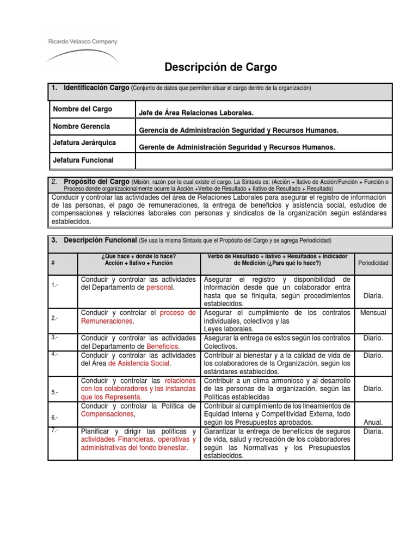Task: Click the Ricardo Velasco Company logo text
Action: click(x=82, y=41)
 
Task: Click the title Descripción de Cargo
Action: click(x=220, y=67)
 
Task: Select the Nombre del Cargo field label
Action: click(x=82, y=109)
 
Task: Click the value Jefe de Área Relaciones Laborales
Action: click(x=196, y=113)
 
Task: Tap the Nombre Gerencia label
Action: click(x=81, y=126)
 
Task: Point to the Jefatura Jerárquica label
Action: click(x=84, y=143)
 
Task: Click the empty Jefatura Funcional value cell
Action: click(x=263, y=160)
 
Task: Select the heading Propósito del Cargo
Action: click(x=96, y=181)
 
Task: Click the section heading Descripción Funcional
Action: click(x=100, y=240)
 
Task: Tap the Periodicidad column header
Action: click(x=373, y=263)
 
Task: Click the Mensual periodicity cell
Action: click(x=373, y=313)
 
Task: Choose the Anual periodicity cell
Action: click(x=373, y=422)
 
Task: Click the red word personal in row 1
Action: click(x=159, y=287)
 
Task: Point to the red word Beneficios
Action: click(x=163, y=346)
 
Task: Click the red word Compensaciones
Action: click(x=107, y=414)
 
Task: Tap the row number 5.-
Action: click(x=54, y=392)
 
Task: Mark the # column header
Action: click(x=53, y=263)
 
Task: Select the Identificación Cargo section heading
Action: click(x=96, y=88)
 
